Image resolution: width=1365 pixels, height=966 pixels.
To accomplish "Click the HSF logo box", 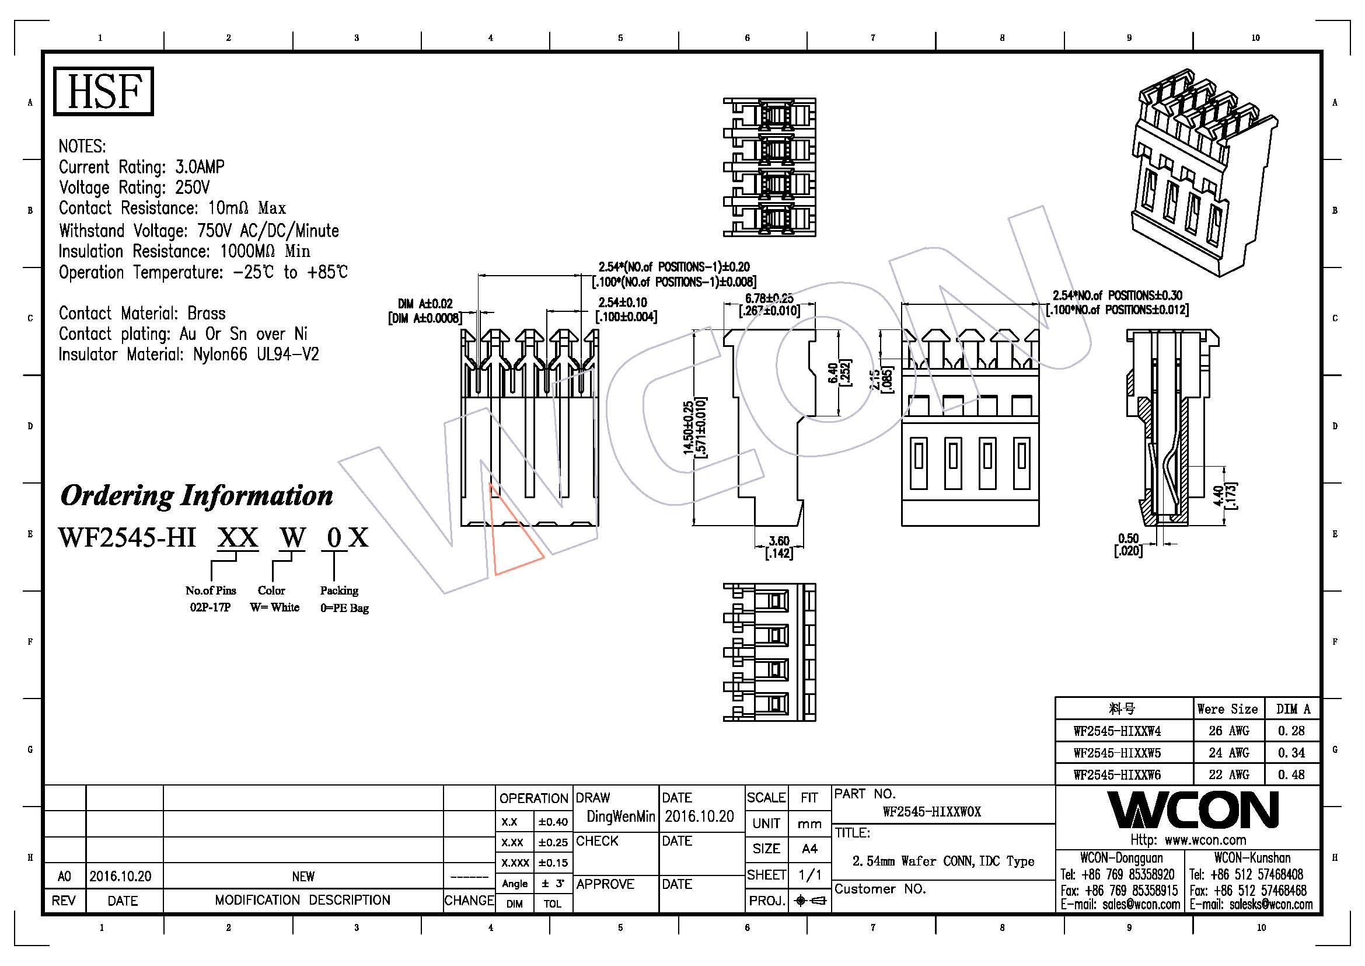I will (x=103, y=91).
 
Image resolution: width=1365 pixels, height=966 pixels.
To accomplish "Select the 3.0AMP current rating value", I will (x=200, y=166).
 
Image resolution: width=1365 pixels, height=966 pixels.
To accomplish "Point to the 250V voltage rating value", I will (x=192, y=187).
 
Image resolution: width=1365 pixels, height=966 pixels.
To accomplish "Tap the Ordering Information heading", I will (x=196, y=495).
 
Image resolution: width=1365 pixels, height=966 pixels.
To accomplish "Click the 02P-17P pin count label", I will (x=210, y=607).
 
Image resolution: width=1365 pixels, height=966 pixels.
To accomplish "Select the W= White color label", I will (x=274, y=607).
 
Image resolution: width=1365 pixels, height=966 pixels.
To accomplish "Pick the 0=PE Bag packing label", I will (x=344, y=608).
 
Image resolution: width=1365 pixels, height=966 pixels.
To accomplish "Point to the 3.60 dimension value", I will (x=779, y=541).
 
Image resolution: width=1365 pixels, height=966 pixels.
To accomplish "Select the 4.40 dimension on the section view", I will (x=1218, y=495).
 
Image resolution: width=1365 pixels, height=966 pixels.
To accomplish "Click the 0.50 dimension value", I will (x=1128, y=538).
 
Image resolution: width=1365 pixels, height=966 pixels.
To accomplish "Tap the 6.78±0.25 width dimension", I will (x=769, y=298).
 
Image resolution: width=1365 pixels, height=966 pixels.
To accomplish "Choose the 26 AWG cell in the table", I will (x=1229, y=731).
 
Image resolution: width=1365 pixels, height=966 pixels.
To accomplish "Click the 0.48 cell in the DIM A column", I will (x=1291, y=774).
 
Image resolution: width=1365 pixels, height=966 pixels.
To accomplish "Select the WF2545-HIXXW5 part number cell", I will (x=1117, y=752).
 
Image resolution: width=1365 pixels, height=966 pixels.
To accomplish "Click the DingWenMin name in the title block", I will (x=620, y=816).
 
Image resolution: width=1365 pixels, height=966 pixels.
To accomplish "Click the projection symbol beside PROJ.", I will (x=810, y=901).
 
